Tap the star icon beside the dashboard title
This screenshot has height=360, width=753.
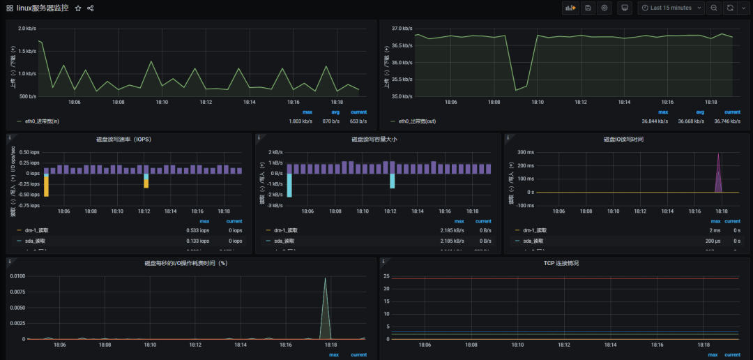[78, 8]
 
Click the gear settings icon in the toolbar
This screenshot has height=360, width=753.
[604, 8]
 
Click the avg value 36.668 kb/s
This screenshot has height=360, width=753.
[698, 121]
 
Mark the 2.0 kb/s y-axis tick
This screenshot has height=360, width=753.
[27, 29]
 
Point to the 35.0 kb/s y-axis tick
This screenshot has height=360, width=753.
[402, 96]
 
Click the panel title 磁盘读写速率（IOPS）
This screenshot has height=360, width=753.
[124, 139]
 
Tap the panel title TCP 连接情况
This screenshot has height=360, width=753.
[561, 263]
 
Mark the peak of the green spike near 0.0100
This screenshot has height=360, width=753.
[325, 278]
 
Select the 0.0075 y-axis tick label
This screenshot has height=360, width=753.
[17, 292]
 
